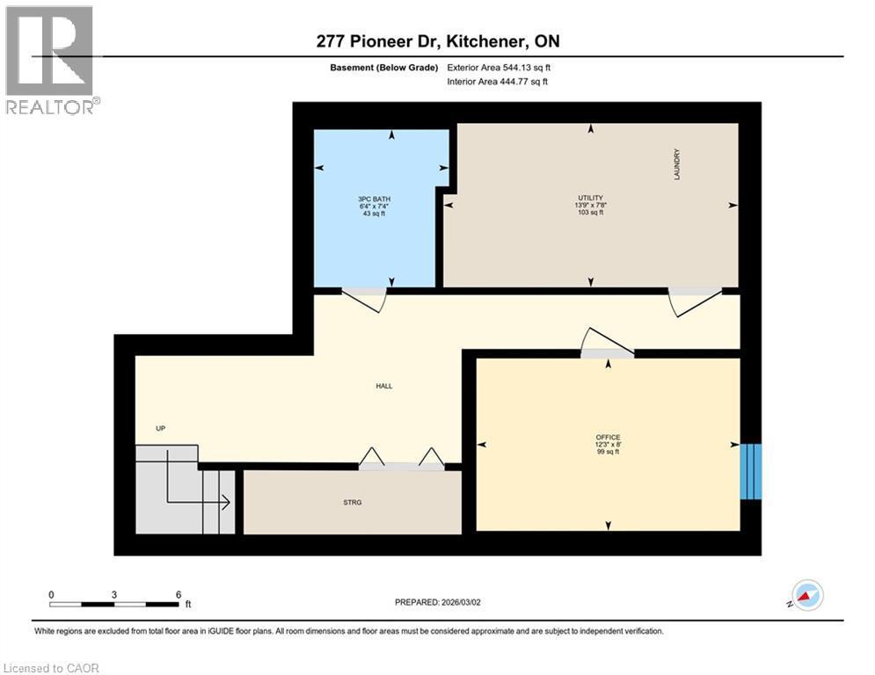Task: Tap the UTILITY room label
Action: tap(590, 198)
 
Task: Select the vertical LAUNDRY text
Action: tap(678, 163)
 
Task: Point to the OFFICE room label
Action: tap(608, 437)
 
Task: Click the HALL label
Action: tap(383, 386)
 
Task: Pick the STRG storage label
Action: tap(353, 503)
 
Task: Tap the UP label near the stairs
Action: tap(160, 428)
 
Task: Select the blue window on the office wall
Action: tap(750, 471)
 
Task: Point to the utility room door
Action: tap(695, 301)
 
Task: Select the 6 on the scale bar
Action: tap(179, 595)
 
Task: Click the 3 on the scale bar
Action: tap(114, 595)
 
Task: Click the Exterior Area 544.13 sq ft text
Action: tap(499, 68)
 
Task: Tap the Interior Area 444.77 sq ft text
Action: tap(497, 82)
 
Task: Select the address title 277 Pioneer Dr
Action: tap(437, 41)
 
